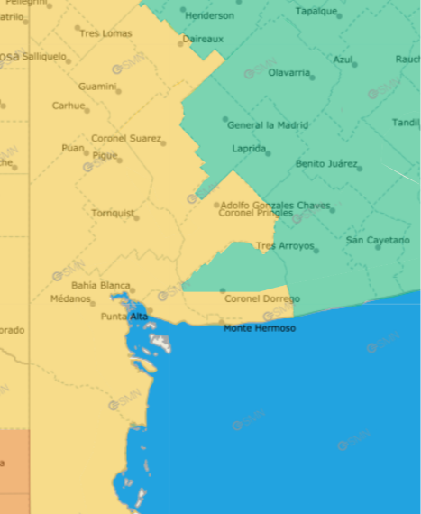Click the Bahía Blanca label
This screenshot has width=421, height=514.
[x=101, y=286]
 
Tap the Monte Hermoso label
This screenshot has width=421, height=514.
[x=260, y=328]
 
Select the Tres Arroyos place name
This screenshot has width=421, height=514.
[x=285, y=246]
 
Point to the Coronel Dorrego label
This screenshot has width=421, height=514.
[x=262, y=298]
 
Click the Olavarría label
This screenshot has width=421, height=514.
[x=289, y=72]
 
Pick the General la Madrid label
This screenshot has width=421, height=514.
[x=268, y=125]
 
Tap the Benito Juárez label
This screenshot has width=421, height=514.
[x=327, y=164]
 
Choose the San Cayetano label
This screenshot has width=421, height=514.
[x=378, y=241]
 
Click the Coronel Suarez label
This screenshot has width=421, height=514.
[x=125, y=139]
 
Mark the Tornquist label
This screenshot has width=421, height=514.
[x=113, y=214]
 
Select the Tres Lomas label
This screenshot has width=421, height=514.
[x=105, y=33]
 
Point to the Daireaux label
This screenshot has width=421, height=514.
[x=203, y=39]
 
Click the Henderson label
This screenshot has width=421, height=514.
[x=209, y=15]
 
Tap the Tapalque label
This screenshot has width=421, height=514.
[x=316, y=11]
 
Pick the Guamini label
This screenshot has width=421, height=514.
[x=97, y=87]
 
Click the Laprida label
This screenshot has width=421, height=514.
[x=249, y=148]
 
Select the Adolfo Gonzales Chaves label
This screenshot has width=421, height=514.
[x=275, y=205]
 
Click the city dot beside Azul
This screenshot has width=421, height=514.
[x=355, y=64]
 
